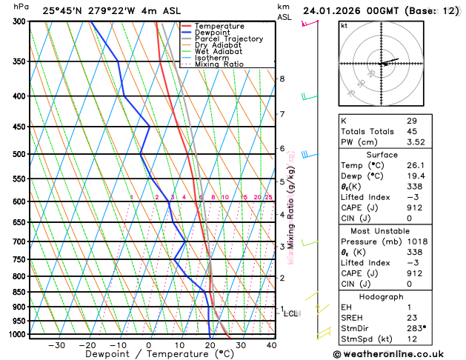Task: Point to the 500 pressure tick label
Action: pos(19,154)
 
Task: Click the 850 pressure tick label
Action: pos(19,292)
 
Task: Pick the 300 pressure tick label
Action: pos(19,21)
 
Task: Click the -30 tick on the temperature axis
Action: pos(56,345)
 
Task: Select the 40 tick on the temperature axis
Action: pos(271,345)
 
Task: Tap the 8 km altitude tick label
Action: pos(282,79)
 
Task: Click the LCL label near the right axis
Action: pos(291,313)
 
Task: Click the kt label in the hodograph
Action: pos(344,25)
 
